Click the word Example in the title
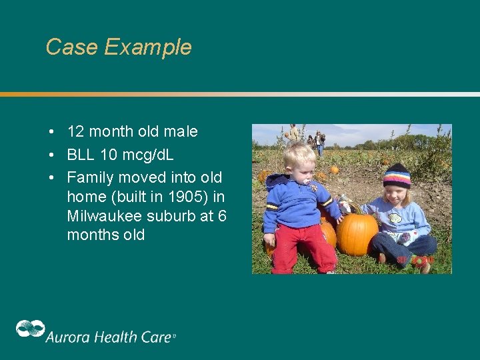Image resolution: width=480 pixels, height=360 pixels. tap(147, 48)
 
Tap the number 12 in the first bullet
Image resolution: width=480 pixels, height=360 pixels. tap(76, 132)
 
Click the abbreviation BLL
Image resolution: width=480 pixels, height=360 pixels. tap(81, 155)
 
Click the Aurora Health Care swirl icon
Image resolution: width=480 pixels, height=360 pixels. tap(30, 329)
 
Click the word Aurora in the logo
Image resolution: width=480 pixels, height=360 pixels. tap(65, 337)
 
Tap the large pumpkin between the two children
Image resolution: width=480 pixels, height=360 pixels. tap(357, 233)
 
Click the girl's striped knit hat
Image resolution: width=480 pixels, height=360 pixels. tap(397, 175)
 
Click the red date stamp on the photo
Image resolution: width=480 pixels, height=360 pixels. tap(415, 259)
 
